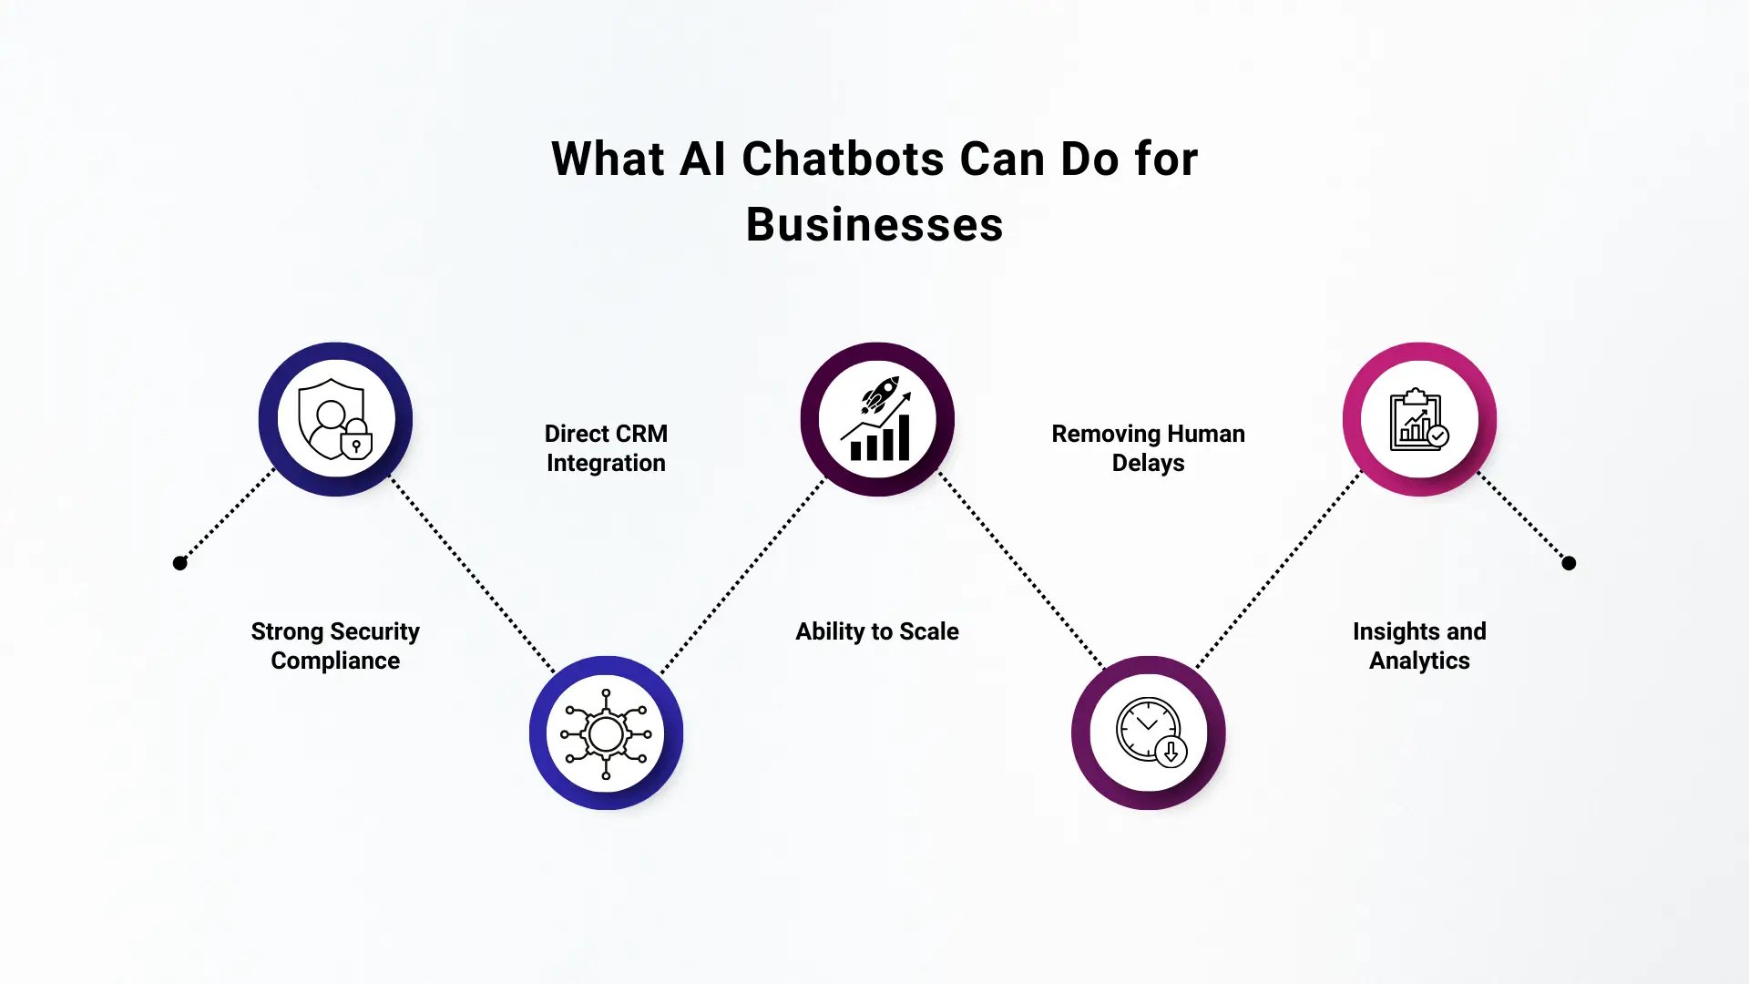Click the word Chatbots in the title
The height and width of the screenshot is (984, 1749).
pos(843,159)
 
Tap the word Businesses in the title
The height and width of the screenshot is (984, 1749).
pos(874,225)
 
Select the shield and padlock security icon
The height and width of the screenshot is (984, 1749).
pos(335,419)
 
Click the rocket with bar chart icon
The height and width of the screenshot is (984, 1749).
pos(877,419)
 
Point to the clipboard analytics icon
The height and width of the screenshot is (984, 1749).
pos(1419,419)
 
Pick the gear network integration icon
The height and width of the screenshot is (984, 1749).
pos(606,733)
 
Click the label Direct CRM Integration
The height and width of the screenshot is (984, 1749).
pos(606,448)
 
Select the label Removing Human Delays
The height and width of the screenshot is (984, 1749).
pos(1148,448)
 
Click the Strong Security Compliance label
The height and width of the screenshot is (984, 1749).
pos(335,646)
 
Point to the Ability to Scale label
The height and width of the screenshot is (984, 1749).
pos(877,631)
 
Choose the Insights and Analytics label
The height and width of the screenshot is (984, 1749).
pos(1419,646)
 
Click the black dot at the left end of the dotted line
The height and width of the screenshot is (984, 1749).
pos(180,563)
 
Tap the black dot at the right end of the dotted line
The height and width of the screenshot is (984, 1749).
pos(1569,563)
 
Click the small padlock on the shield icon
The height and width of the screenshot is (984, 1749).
pos(356,442)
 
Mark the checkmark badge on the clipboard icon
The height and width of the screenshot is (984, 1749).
pos(1438,436)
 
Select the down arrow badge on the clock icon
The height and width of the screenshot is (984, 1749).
pos(1171,752)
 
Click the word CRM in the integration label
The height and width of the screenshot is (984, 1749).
pos(642,434)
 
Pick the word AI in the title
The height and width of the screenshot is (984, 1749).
pos(702,159)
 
